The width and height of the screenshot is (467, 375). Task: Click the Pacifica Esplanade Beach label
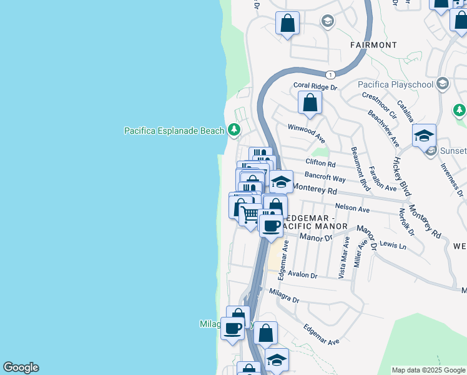pyautogui.click(x=174, y=131)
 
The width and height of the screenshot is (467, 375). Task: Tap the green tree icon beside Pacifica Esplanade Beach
pyautogui.click(x=234, y=130)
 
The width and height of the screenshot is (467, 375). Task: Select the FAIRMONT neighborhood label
pyautogui.click(x=373, y=45)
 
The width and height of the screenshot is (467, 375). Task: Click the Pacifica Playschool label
pyautogui.click(x=396, y=84)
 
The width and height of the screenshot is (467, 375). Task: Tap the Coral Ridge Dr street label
pyautogui.click(x=315, y=87)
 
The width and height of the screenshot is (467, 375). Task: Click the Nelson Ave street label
pyautogui.click(x=353, y=208)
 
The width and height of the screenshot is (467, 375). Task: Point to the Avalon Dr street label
pyautogui.click(x=302, y=275)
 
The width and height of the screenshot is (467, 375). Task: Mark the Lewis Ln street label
pyautogui.click(x=393, y=246)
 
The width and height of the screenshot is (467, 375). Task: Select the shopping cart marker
pyautogui.click(x=250, y=215)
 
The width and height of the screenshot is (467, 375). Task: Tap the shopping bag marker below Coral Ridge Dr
pyautogui.click(x=310, y=102)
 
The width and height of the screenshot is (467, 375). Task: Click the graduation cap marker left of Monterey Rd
pyautogui.click(x=281, y=181)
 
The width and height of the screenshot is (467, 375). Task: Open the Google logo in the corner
pyautogui.click(x=21, y=367)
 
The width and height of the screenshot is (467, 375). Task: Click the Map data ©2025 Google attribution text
pyautogui.click(x=429, y=371)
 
